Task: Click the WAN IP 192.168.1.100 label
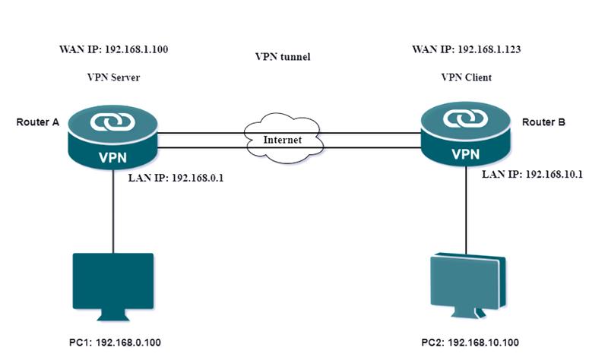[x=113, y=50]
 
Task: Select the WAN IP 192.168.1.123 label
[x=466, y=50]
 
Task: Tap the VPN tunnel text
[x=283, y=57]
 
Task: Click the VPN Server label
[x=113, y=77]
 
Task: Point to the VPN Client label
[x=467, y=77]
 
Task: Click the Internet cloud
[x=282, y=140]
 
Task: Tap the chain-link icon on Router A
[x=112, y=122]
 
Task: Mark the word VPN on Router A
[x=112, y=157]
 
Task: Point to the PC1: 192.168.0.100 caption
[x=113, y=343]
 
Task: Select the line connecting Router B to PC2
[x=466, y=213]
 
